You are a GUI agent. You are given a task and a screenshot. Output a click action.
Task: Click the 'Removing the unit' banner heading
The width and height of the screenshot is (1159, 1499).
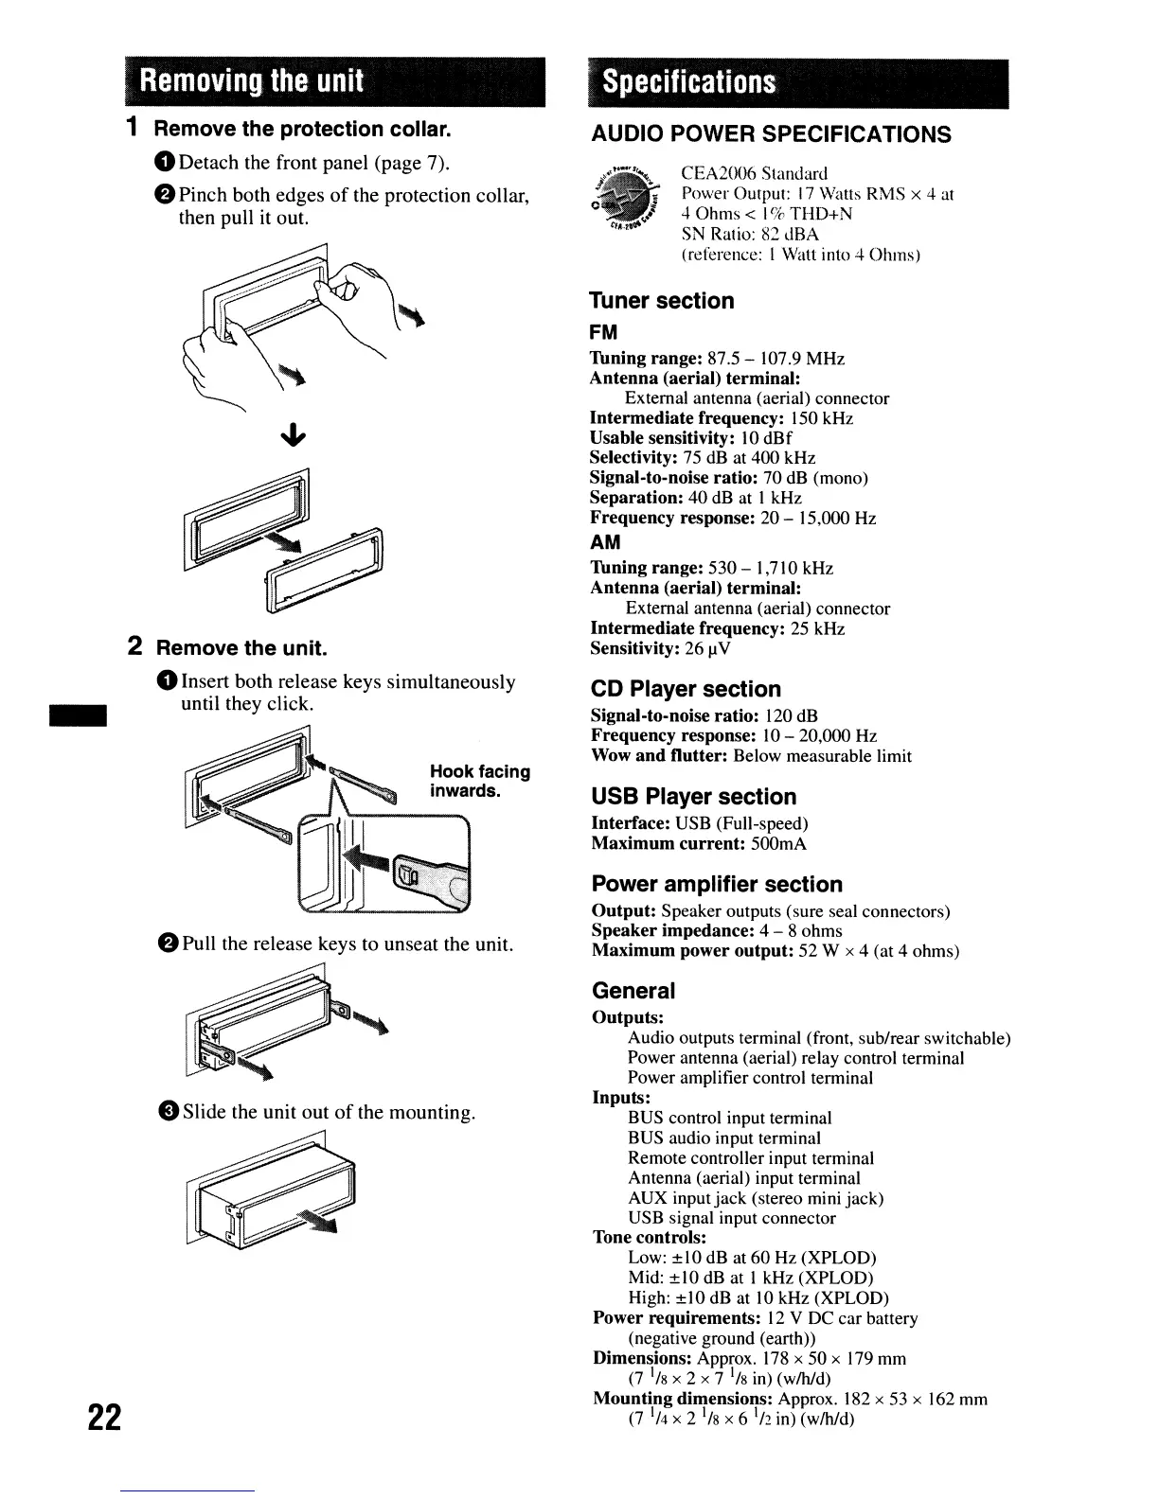[x=251, y=80]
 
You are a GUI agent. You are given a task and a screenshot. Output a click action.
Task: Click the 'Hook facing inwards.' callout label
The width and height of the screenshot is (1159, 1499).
[x=479, y=781]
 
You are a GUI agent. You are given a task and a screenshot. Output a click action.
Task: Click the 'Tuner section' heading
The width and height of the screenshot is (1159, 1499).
[x=662, y=301]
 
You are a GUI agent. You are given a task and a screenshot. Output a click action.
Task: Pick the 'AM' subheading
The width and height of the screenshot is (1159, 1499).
[x=605, y=542]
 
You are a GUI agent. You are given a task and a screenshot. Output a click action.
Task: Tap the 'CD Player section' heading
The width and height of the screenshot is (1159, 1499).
[x=686, y=689]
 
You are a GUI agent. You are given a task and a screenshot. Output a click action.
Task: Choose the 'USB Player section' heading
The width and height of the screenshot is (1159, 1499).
[x=693, y=797]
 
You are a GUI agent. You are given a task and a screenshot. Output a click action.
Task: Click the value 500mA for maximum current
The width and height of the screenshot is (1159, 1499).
[x=778, y=843]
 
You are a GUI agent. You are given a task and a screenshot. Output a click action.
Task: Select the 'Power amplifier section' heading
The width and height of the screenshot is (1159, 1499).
[x=716, y=885]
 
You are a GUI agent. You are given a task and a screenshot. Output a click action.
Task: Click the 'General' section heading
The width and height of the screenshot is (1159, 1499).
[x=633, y=991]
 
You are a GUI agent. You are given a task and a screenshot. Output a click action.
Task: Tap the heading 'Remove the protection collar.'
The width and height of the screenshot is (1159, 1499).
[x=302, y=129]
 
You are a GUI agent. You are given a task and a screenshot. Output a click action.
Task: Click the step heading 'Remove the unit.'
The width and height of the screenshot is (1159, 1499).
[x=241, y=648]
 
